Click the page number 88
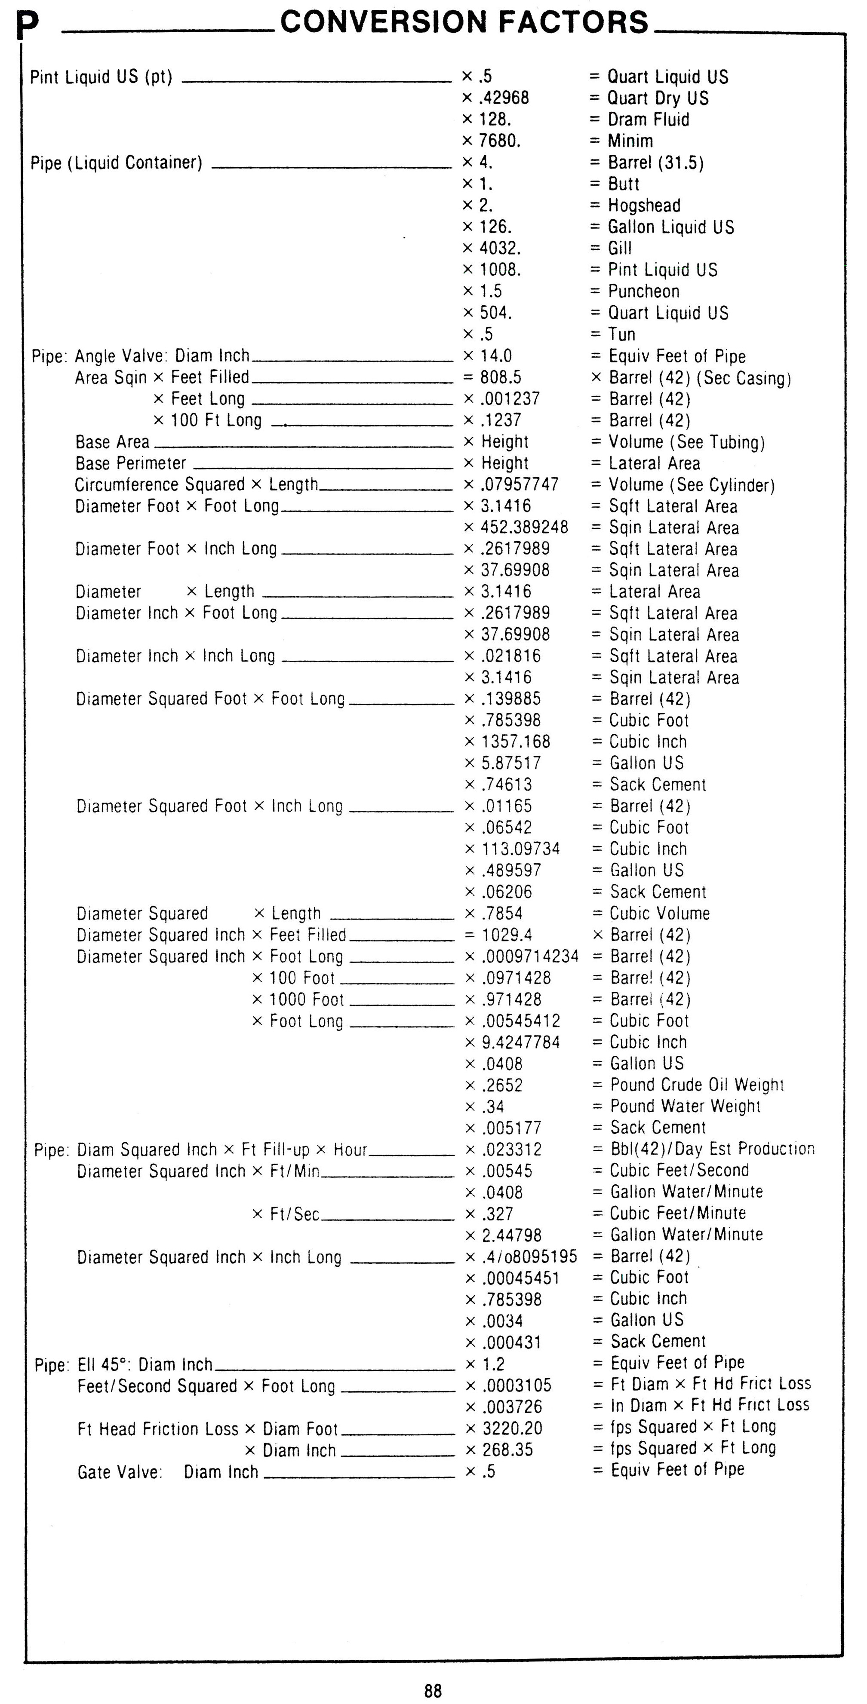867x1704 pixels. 433,1691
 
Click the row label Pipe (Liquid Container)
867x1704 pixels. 117,163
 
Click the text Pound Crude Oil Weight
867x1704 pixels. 696,1085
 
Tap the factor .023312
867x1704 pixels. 512,1149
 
